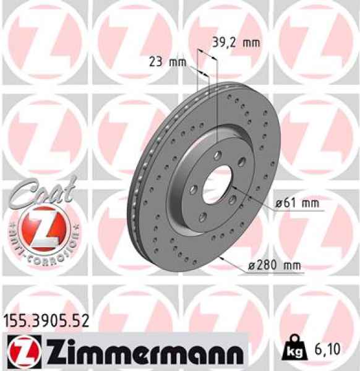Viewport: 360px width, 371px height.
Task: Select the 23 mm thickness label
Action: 167,61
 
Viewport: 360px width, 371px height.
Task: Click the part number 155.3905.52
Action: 46,320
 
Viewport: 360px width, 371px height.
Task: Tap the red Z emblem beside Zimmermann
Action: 25,352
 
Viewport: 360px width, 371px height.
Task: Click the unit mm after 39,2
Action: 251,43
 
